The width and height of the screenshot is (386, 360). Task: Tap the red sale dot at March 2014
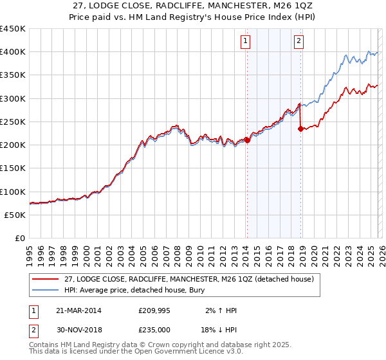(247, 140)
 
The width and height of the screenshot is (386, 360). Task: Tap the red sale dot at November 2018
(300, 129)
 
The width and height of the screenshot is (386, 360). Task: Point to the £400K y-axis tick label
(13, 52)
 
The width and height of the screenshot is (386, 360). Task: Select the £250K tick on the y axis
(13, 122)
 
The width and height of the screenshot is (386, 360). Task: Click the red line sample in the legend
(45, 279)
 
